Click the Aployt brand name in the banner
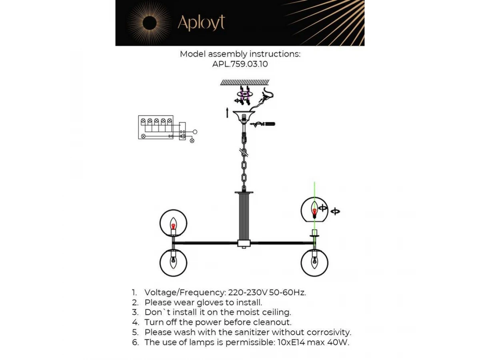pyautogui.click(x=201, y=22)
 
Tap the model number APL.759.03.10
pyautogui.click(x=240, y=64)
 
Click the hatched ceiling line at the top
pyautogui.click(x=245, y=82)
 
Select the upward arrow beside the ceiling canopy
pyautogui.click(x=228, y=112)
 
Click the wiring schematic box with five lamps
pyautogui.click(x=156, y=127)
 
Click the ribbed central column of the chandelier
pyautogui.click(x=244, y=216)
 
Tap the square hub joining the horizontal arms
pyautogui.click(x=244, y=243)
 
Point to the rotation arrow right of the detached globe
pyautogui.click(x=335, y=211)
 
